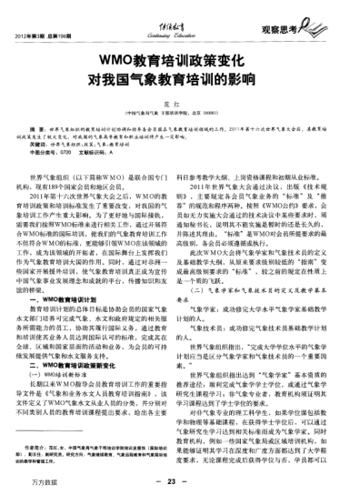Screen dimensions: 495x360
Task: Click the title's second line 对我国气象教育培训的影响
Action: point(179,81)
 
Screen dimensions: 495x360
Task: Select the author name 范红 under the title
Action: point(179,107)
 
